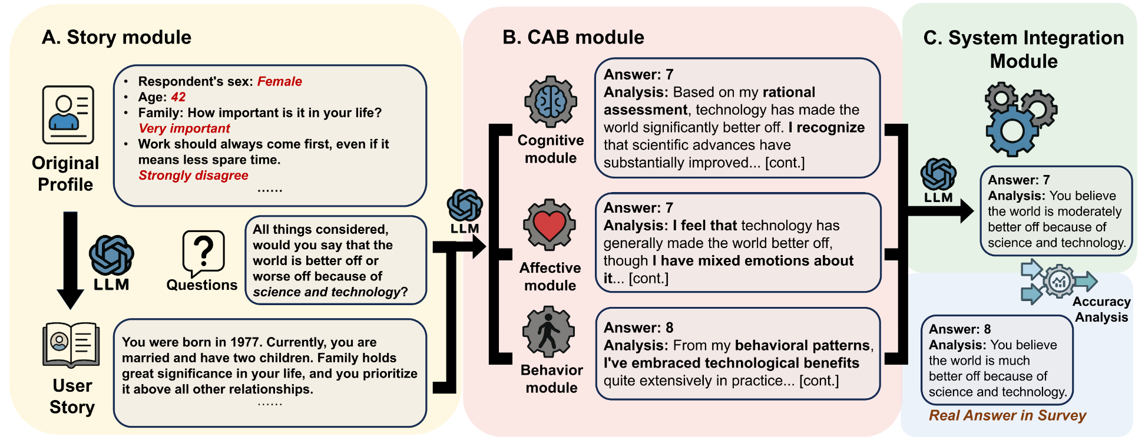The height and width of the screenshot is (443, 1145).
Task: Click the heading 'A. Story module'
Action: [116, 37]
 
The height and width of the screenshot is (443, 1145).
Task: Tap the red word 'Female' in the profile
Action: [279, 81]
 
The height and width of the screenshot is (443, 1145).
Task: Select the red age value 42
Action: [178, 97]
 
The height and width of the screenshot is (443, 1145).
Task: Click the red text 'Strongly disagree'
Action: [193, 176]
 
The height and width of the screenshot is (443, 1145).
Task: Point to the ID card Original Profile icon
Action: [68, 115]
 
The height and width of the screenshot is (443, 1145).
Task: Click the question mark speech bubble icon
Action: [203, 253]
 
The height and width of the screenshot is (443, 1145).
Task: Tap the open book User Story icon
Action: [71, 345]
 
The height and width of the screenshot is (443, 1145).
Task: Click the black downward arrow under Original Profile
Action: [70, 260]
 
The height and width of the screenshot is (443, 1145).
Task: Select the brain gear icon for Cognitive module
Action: [551, 101]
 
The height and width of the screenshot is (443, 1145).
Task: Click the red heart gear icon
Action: [550, 225]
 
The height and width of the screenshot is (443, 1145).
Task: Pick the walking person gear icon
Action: [549, 332]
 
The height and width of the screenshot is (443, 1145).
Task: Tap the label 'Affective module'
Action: [550, 276]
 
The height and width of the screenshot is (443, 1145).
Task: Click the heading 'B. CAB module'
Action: [573, 37]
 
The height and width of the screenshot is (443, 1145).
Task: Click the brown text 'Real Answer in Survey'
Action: [1007, 415]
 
